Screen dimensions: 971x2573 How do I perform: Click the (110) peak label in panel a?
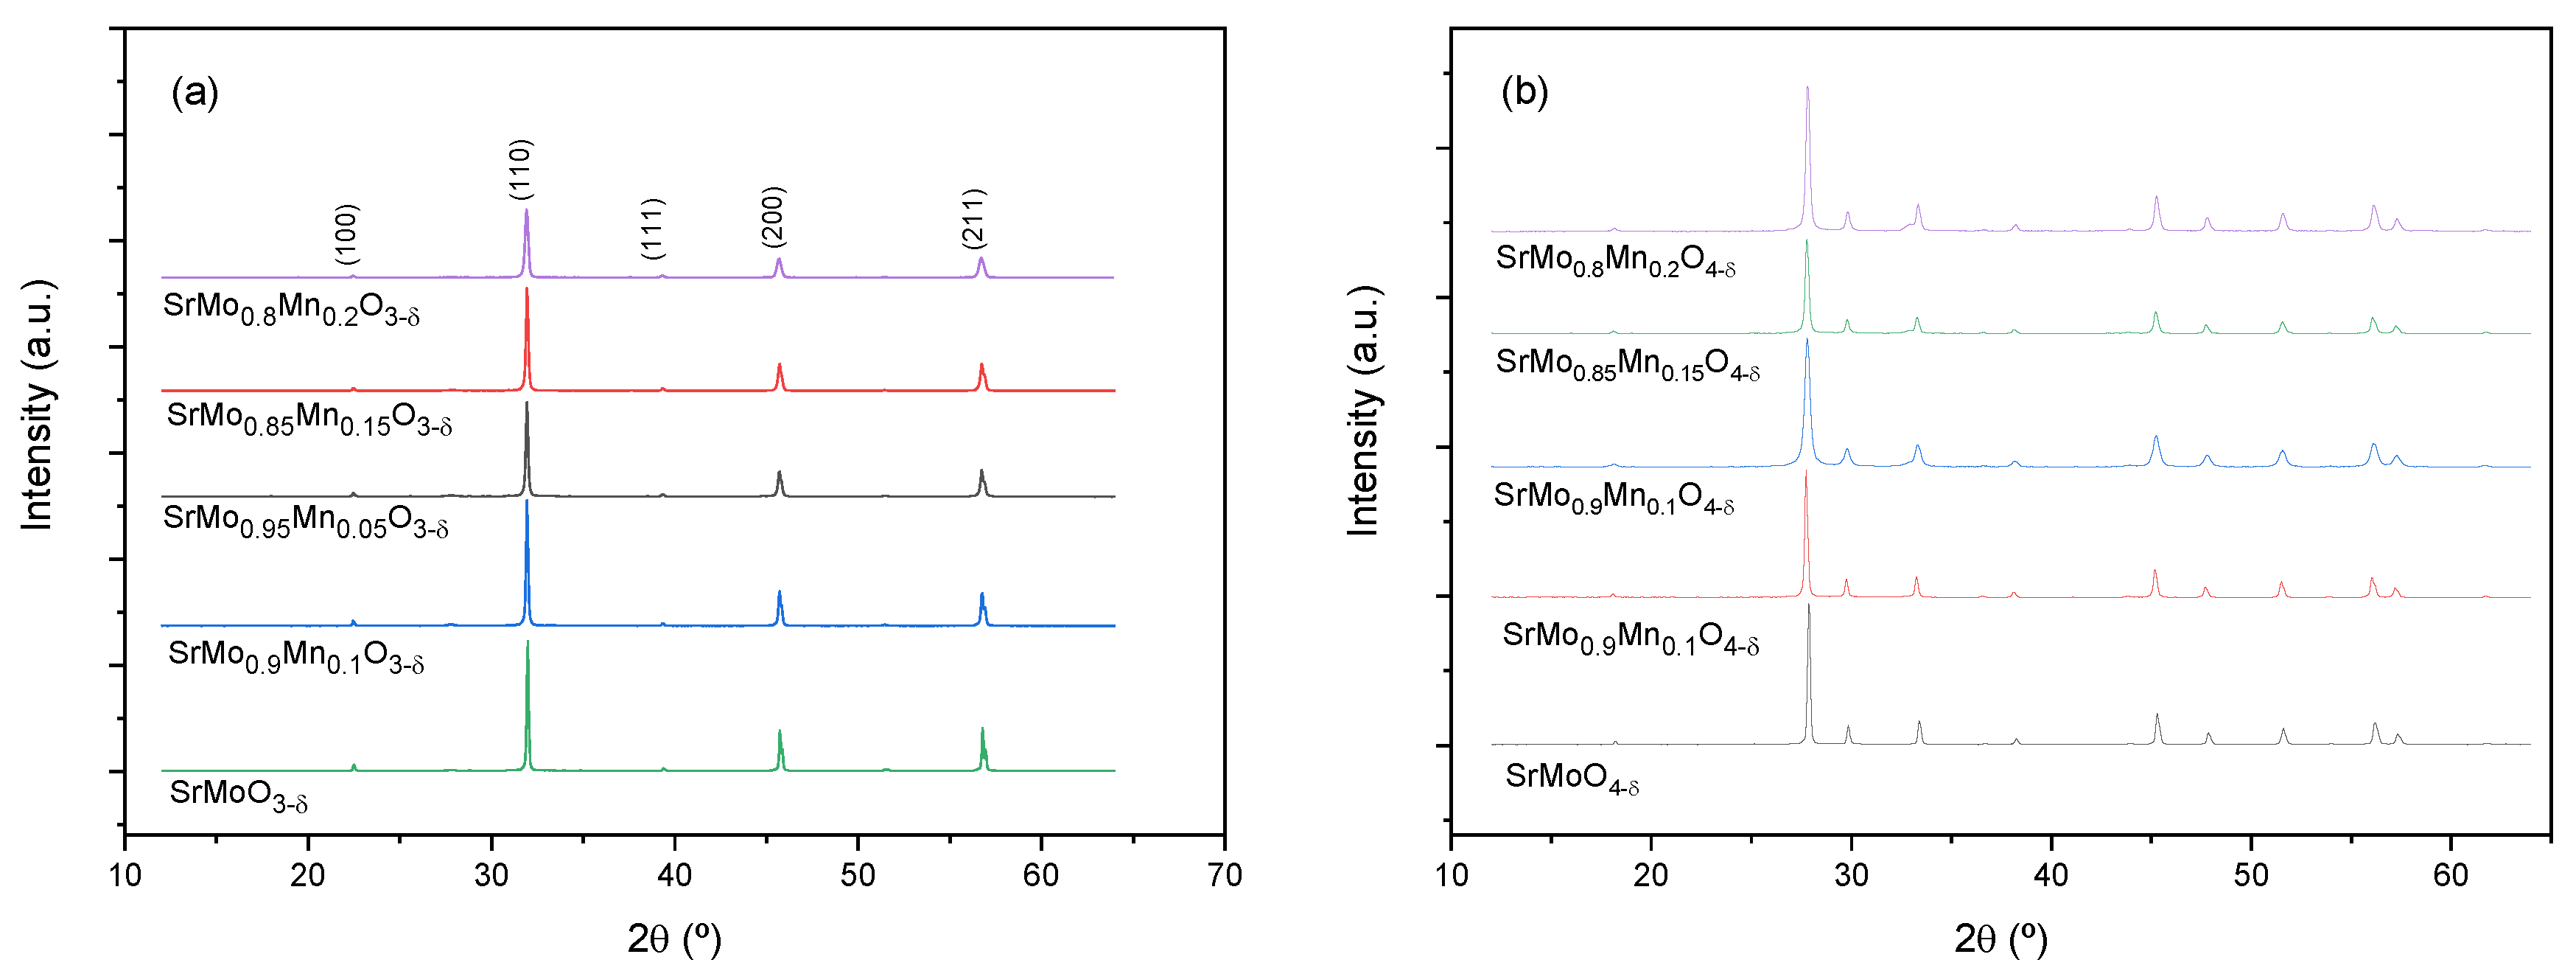click(522, 169)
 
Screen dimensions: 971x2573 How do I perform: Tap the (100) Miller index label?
click(346, 234)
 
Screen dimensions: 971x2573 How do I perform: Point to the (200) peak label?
click(773, 217)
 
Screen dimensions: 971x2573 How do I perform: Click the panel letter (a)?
click(194, 93)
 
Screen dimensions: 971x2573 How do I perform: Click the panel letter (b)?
click(1524, 93)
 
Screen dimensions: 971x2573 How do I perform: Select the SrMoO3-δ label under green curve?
click(239, 794)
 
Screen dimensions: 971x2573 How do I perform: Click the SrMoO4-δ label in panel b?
click(1572, 778)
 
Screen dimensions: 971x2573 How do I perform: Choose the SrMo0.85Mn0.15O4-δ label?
click(1627, 365)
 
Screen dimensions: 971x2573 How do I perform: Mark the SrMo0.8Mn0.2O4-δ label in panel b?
click(1615, 261)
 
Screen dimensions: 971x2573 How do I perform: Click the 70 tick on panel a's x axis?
click(1225, 876)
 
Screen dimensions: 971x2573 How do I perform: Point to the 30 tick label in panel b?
click(1851, 876)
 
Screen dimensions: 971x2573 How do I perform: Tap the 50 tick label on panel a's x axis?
click(858, 876)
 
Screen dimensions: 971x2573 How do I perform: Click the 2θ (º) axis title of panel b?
click(2000, 939)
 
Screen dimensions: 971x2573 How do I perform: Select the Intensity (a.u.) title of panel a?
click(38, 405)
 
